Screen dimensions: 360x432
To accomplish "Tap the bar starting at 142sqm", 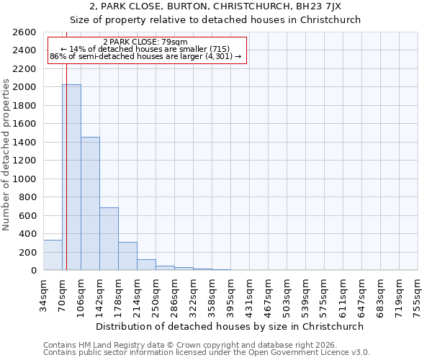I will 109,239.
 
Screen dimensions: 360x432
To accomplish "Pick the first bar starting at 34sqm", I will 53,255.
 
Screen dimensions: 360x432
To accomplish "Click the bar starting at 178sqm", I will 127,256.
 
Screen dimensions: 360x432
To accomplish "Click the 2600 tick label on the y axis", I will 24,32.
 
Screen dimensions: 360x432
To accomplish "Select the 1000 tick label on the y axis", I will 24,179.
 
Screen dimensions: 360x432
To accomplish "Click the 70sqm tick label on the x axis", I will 63,293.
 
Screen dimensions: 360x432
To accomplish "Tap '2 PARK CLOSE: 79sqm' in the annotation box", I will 145,42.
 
